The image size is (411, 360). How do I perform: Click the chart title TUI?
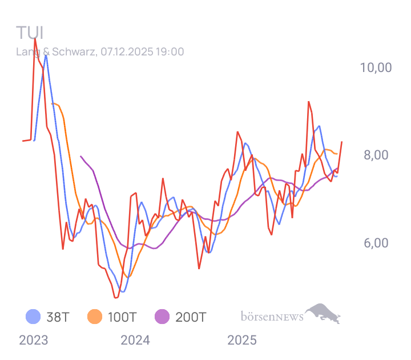[30, 33]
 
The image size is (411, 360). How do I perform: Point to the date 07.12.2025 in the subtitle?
[126, 52]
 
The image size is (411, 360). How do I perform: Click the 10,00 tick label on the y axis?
[376, 67]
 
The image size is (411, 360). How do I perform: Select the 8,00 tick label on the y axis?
[376, 155]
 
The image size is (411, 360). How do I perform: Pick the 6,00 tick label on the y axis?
[376, 243]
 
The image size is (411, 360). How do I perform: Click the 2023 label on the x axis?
[34, 341]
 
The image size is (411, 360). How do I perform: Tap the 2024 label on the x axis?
[135, 341]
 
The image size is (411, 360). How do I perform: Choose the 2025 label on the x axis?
[242, 341]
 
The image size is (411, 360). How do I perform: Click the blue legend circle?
[33, 316]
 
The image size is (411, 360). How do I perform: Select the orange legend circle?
[95, 316]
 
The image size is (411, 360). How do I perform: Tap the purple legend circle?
[162, 316]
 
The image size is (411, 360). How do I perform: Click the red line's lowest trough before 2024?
[116, 298]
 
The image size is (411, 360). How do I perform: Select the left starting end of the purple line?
[80, 156]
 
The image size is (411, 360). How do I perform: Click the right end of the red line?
[342, 141]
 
